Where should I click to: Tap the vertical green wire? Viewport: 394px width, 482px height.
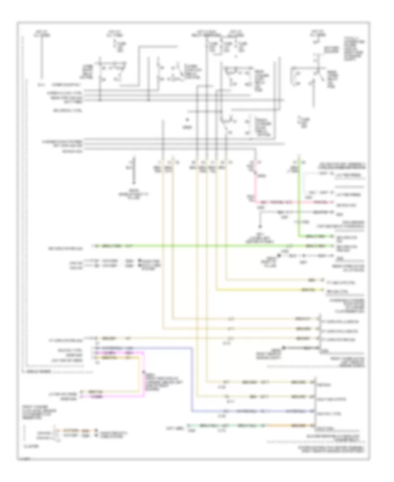point(299,197)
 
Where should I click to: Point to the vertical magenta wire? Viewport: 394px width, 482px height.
point(144,372)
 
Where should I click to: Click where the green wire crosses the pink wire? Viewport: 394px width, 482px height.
point(299,202)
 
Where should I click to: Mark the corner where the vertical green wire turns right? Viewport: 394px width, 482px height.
point(299,236)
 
